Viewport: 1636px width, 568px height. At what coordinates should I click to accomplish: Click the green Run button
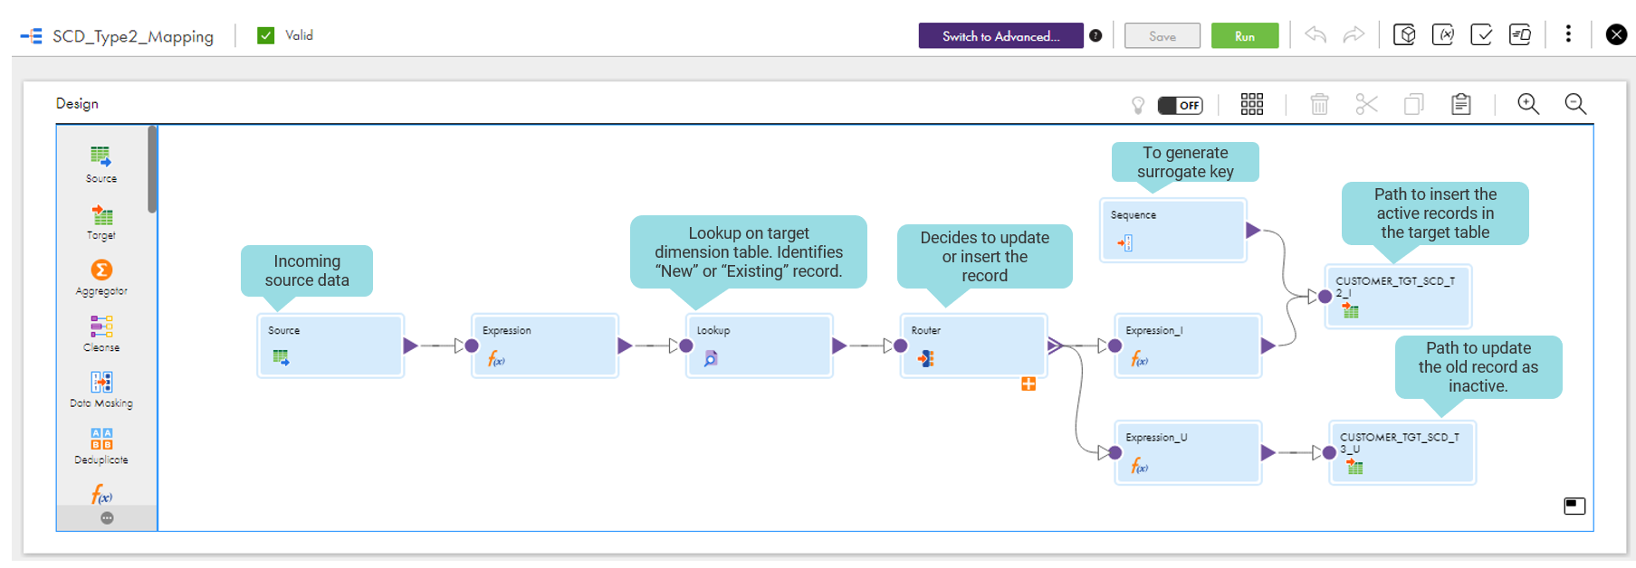click(x=1244, y=36)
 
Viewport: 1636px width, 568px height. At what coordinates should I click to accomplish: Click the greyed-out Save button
click(x=1162, y=36)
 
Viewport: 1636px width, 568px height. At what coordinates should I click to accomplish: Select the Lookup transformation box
click(x=759, y=346)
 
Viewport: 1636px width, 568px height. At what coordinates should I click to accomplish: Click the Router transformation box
click(x=973, y=346)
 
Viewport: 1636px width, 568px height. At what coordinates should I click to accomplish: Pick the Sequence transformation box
click(x=1172, y=231)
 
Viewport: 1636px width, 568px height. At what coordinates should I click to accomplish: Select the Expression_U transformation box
click(x=1188, y=452)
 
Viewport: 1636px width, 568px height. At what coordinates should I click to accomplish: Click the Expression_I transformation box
click(x=1188, y=346)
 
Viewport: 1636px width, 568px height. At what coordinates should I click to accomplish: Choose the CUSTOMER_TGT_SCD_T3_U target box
click(x=1402, y=452)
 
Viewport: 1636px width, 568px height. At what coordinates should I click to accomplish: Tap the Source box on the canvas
click(x=330, y=346)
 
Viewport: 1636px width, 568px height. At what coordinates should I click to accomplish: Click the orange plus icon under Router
click(x=1028, y=384)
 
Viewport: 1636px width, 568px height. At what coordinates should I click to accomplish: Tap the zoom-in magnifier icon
click(x=1528, y=104)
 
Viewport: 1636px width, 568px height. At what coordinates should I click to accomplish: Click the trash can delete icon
click(x=1319, y=104)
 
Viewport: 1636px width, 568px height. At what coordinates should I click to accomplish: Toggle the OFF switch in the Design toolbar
click(x=1180, y=105)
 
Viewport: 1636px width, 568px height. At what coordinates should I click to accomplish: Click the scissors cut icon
click(x=1366, y=104)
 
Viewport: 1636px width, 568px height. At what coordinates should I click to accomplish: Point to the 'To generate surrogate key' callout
click(x=1185, y=162)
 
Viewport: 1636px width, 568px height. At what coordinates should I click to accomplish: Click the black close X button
click(x=1616, y=34)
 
